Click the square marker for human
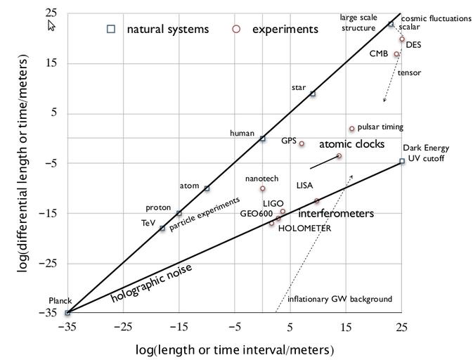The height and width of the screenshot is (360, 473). point(262,139)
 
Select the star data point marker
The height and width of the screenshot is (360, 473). point(313,94)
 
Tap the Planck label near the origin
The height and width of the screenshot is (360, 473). point(60,301)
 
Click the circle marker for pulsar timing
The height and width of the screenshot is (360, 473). point(352,129)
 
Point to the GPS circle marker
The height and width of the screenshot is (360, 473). point(302,143)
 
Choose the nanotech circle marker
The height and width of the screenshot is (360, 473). point(263,188)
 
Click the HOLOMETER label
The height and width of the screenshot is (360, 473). point(299,229)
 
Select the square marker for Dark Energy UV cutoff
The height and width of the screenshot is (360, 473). point(402,161)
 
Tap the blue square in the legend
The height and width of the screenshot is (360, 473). point(110,29)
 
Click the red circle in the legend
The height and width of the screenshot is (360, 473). point(236,29)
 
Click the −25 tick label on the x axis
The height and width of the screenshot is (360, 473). point(123,327)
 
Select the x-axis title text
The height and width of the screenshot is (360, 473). point(234,349)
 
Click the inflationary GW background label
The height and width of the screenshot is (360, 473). point(340,300)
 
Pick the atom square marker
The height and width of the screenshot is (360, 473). point(207,188)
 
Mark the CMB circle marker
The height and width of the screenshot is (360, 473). point(396,54)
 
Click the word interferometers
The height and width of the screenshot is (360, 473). point(336,213)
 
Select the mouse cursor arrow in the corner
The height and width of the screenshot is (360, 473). point(51,25)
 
